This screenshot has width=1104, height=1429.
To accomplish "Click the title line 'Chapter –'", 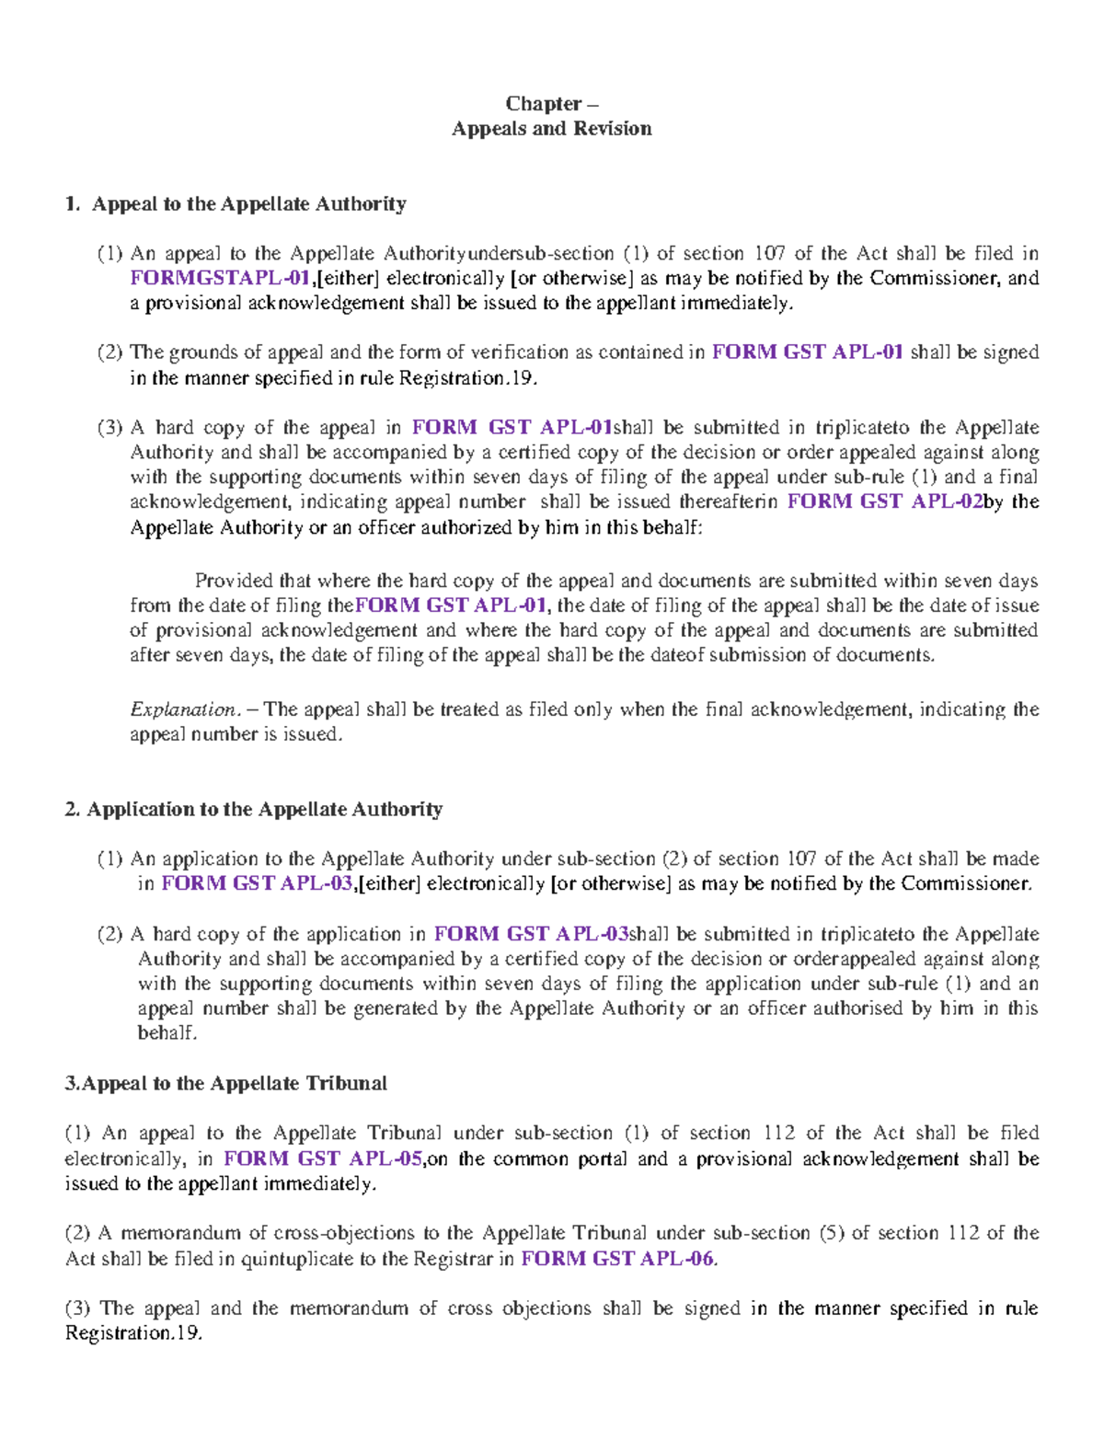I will coord(551,103).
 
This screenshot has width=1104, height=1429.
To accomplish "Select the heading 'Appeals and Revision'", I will coord(551,129).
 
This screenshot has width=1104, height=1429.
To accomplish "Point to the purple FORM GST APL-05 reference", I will coord(323,1158).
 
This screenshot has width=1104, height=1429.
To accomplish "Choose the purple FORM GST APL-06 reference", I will coord(616,1259).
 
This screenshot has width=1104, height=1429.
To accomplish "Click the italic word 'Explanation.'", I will coord(185,709).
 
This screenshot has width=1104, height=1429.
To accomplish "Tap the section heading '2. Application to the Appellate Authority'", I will coord(254,809).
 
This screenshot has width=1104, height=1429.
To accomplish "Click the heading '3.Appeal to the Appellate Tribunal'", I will coord(226,1083).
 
